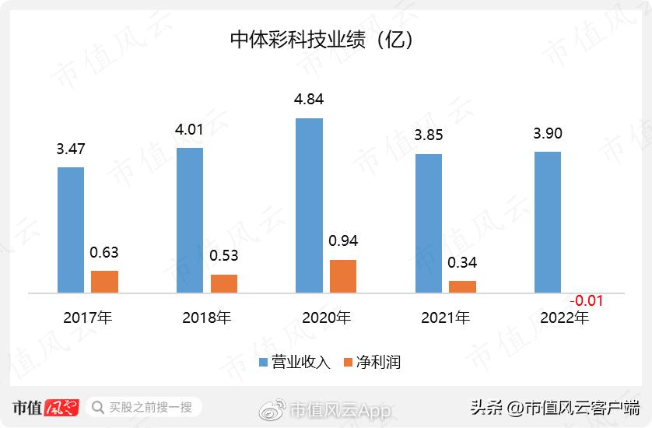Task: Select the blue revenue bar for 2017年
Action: click(71, 230)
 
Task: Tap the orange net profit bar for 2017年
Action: click(104, 282)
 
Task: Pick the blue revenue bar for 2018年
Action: click(190, 219)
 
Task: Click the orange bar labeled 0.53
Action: click(224, 283)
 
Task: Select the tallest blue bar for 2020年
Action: click(310, 205)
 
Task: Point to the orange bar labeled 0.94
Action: click(343, 276)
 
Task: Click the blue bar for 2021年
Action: click(429, 223)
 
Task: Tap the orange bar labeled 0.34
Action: click(462, 286)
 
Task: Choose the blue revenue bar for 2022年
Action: click(548, 222)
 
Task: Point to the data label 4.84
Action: click(309, 100)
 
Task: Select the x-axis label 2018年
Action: click(207, 317)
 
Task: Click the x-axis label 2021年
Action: click(445, 317)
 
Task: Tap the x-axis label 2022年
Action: click(565, 317)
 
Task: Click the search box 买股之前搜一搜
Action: click(144, 407)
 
